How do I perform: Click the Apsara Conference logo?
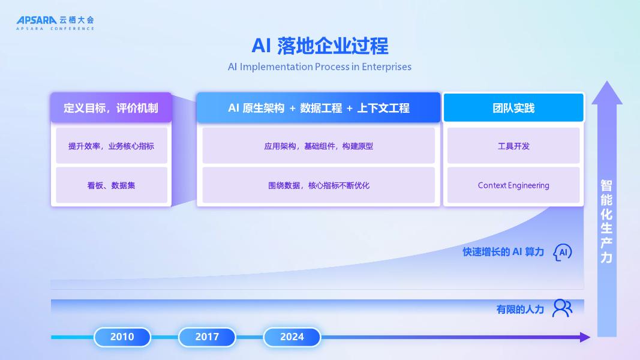click(x=55, y=23)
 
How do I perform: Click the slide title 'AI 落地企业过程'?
click(x=320, y=46)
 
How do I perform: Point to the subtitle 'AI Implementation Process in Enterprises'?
click(x=320, y=67)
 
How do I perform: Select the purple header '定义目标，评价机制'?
click(x=111, y=108)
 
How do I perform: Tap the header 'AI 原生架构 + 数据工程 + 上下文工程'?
click(x=319, y=108)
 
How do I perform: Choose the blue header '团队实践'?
click(x=513, y=108)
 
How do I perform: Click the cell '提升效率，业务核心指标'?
click(x=111, y=146)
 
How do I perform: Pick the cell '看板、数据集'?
click(x=111, y=185)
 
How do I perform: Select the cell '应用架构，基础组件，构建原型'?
click(x=319, y=146)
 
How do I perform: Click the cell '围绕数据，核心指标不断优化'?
click(x=319, y=185)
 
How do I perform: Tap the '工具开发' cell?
click(x=513, y=146)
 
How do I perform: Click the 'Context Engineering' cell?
click(x=513, y=185)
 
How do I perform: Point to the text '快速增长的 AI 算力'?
click(x=503, y=252)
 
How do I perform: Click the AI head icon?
click(x=562, y=252)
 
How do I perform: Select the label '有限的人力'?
click(x=519, y=310)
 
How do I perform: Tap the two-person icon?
click(x=562, y=308)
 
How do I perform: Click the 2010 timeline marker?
click(x=122, y=337)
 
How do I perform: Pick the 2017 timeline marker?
click(x=207, y=337)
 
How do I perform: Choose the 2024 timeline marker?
click(x=292, y=337)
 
